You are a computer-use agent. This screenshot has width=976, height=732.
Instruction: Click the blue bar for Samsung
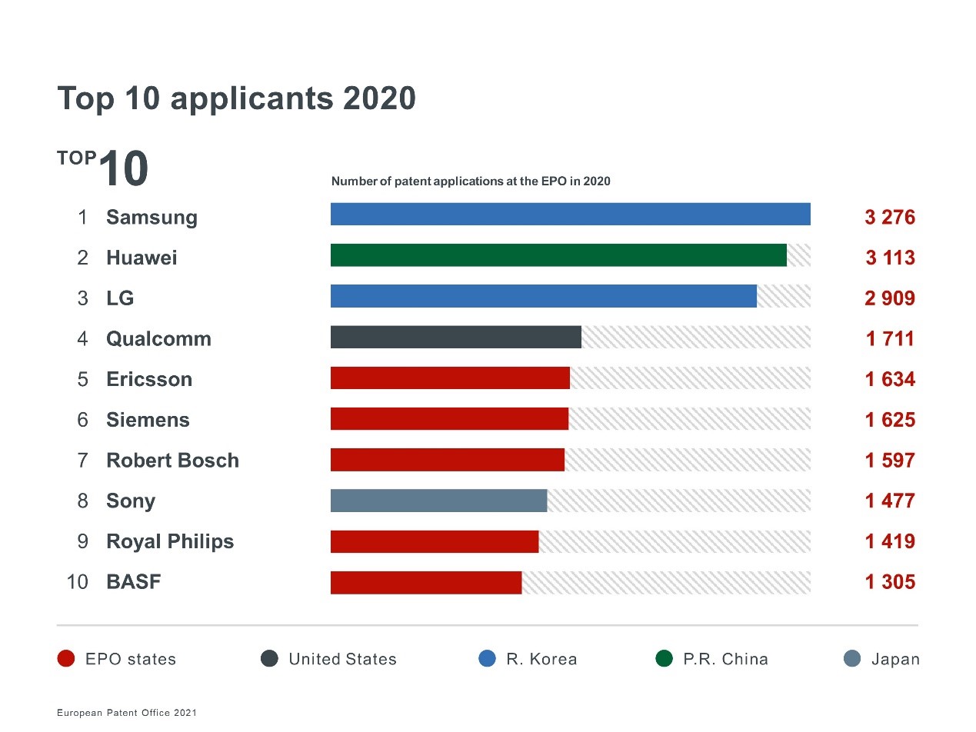(570, 215)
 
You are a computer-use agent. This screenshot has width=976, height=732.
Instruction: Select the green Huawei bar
(558, 255)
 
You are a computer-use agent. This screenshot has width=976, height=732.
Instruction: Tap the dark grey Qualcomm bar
(455, 337)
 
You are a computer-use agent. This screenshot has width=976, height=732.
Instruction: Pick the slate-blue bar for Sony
(438, 501)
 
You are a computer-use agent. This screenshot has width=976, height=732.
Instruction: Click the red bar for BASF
(425, 582)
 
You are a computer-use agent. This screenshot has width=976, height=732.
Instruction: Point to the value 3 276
(890, 218)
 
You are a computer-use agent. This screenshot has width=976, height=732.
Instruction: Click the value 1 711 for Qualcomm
(890, 339)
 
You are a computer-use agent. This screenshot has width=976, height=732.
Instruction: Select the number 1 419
(890, 541)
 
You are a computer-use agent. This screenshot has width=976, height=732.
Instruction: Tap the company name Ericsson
(149, 379)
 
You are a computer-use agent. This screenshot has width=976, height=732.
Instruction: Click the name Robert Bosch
(172, 461)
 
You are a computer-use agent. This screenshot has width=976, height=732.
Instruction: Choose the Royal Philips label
(170, 541)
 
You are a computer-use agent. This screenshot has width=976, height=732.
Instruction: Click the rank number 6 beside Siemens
(83, 420)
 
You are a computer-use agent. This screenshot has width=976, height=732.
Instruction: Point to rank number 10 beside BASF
(78, 582)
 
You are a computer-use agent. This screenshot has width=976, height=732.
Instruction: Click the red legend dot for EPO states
(66, 659)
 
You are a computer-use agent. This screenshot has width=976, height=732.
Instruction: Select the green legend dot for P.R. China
(664, 659)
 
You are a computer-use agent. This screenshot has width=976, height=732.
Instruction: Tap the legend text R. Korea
(541, 660)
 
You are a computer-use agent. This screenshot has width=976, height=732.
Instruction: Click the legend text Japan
(895, 660)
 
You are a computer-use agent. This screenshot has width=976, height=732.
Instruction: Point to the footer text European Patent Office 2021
(127, 714)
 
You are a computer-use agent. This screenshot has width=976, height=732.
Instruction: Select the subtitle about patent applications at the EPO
(470, 181)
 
